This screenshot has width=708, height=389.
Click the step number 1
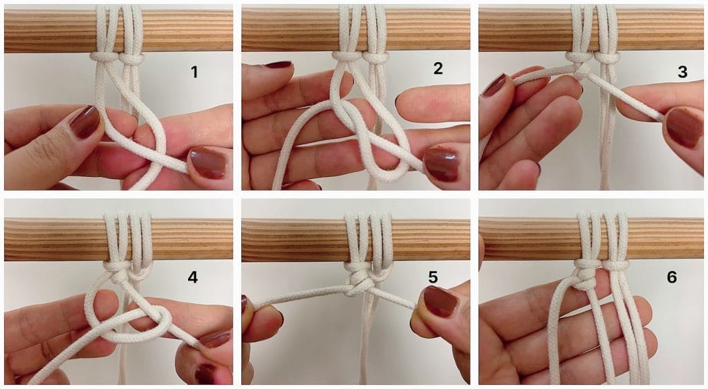tap(194, 72)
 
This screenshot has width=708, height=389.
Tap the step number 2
tap(438, 68)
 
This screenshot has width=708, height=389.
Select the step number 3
tap(682, 72)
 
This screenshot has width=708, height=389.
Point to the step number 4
tap(192, 276)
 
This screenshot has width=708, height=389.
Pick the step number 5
tap(433, 276)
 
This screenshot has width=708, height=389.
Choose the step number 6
tap(671, 276)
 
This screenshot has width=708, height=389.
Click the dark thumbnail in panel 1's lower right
tap(207, 162)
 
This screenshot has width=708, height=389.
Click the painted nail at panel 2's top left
tap(279, 64)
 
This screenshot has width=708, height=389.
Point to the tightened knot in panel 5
tap(359, 283)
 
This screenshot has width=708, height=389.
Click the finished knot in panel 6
tap(585, 276)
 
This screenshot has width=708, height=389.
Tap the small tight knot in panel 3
tap(581, 70)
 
